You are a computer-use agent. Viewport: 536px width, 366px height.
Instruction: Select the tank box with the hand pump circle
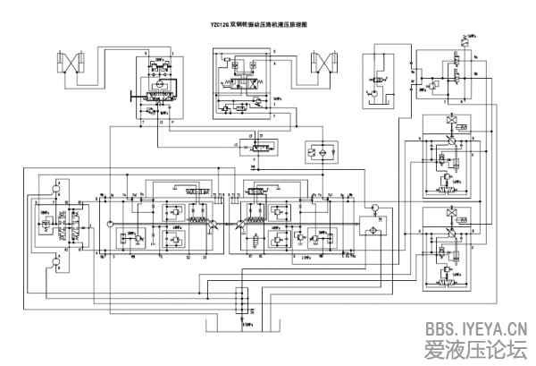coord(375,81)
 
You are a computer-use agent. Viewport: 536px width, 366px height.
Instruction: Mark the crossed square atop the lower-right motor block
coord(451,213)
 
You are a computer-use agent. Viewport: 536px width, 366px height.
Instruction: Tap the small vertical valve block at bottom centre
coord(239,300)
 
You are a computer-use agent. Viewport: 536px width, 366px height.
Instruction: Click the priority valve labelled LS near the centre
coord(260,144)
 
